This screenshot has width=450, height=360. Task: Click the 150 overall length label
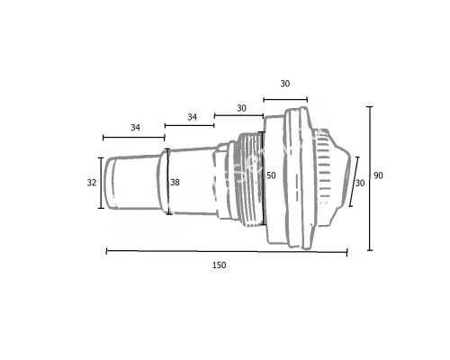220,265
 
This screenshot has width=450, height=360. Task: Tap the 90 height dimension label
378,175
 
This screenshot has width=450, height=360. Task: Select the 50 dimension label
270,175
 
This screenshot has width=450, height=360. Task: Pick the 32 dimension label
92,182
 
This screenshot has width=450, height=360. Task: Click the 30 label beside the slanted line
360,183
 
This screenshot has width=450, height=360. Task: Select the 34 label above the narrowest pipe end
135,128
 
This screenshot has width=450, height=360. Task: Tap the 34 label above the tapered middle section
192,117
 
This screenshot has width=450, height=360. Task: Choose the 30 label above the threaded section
241,107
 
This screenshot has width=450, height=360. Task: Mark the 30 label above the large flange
285,84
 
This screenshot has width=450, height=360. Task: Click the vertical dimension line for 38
166,183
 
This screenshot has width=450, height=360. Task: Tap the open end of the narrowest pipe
111,183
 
